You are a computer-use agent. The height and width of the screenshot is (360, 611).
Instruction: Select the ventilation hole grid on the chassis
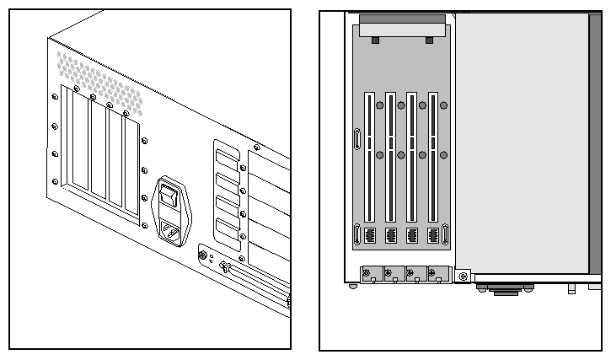(99, 82)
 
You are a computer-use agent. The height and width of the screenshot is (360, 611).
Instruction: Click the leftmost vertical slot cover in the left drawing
(80, 142)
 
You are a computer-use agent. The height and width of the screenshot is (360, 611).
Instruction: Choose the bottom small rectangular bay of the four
(227, 228)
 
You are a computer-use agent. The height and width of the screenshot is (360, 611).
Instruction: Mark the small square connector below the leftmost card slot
(368, 235)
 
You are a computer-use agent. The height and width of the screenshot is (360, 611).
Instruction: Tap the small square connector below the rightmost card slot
(433, 235)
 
